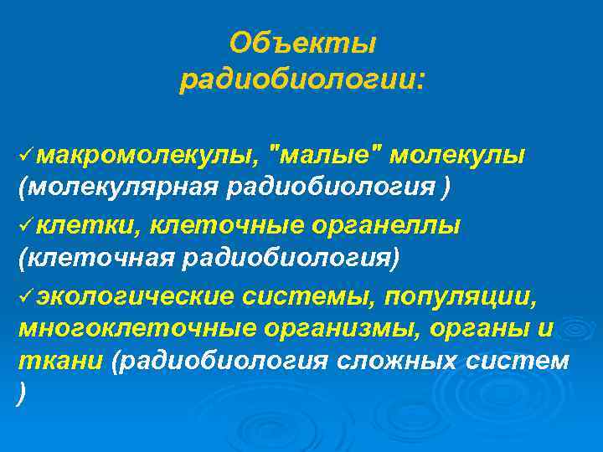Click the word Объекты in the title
coord(303,42)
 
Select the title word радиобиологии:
coord(302,81)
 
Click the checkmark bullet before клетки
coord(26,224)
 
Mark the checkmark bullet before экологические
coord(26,294)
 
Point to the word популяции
coord(477,294)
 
